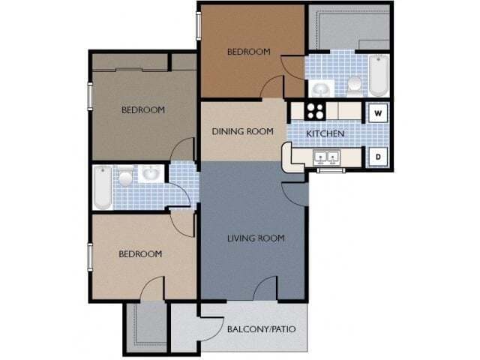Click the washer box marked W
click(x=379, y=113)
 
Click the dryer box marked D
click(x=379, y=157)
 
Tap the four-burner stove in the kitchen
click(x=314, y=111)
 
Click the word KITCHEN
click(x=325, y=133)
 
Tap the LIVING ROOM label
click(x=256, y=238)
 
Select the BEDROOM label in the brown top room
click(x=248, y=52)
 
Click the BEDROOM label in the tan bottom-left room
click(x=140, y=254)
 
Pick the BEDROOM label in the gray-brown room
click(x=142, y=110)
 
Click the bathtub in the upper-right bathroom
click(x=378, y=76)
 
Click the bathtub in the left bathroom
click(x=102, y=187)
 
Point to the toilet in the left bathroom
click(x=124, y=178)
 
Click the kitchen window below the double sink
click(x=327, y=170)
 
